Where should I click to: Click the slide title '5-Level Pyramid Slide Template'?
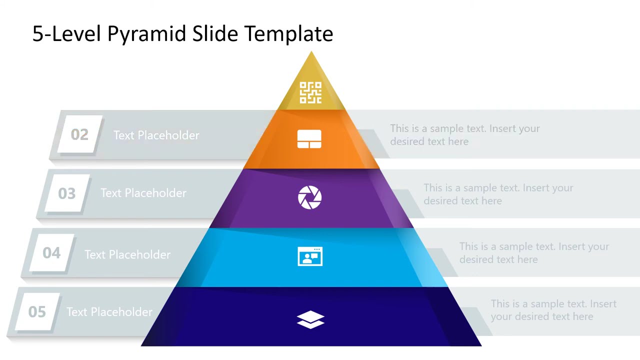[182, 34]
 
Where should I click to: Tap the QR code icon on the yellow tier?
[310, 93]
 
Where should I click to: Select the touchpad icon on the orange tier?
[309, 139]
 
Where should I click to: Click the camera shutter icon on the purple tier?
[310, 197]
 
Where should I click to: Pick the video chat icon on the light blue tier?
[310, 256]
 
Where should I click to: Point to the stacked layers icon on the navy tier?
[310, 319]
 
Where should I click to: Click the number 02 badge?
[79, 134]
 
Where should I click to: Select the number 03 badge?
[66, 193]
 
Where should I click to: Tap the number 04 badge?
[51, 253]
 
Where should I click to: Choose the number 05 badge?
[37, 312]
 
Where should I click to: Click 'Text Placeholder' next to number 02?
[156, 135]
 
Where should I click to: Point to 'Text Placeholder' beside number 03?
[143, 193]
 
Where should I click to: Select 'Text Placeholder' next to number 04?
[127, 255]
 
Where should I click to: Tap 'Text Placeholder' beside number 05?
[109, 312]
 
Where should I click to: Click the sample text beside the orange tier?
[464, 135]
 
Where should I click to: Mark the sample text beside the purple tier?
[498, 194]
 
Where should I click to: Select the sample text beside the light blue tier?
[534, 253]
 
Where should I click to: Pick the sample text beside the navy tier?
[553, 310]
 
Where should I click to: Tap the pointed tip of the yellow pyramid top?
[311, 53]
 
